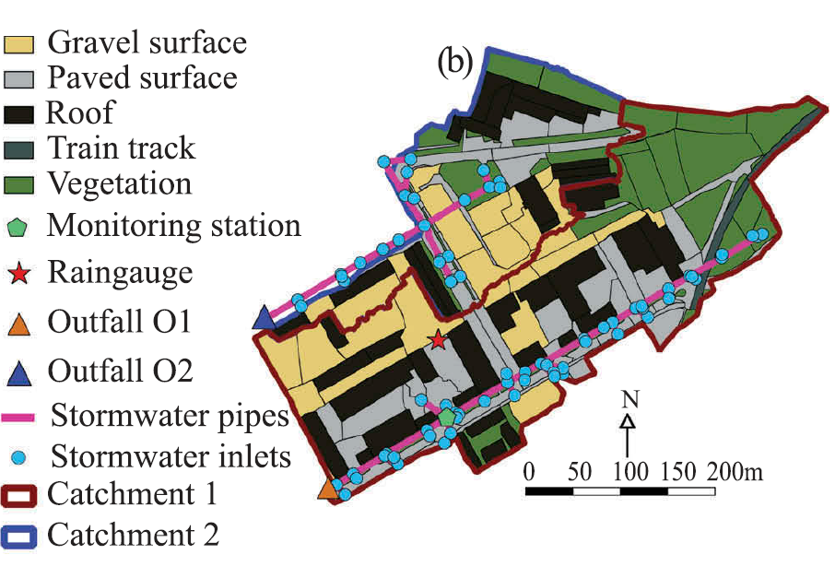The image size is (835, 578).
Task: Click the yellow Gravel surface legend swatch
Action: (x=19, y=43)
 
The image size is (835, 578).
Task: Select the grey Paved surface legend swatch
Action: (x=19, y=79)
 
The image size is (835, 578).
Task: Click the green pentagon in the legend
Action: (x=20, y=227)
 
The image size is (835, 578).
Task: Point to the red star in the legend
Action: (x=20, y=274)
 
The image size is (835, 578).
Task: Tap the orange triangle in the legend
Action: (x=20, y=324)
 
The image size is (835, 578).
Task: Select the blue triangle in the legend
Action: (x=20, y=374)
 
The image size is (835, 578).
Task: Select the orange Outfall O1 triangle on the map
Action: (x=327, y=490)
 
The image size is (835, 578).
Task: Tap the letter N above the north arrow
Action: (x=629, y=399)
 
